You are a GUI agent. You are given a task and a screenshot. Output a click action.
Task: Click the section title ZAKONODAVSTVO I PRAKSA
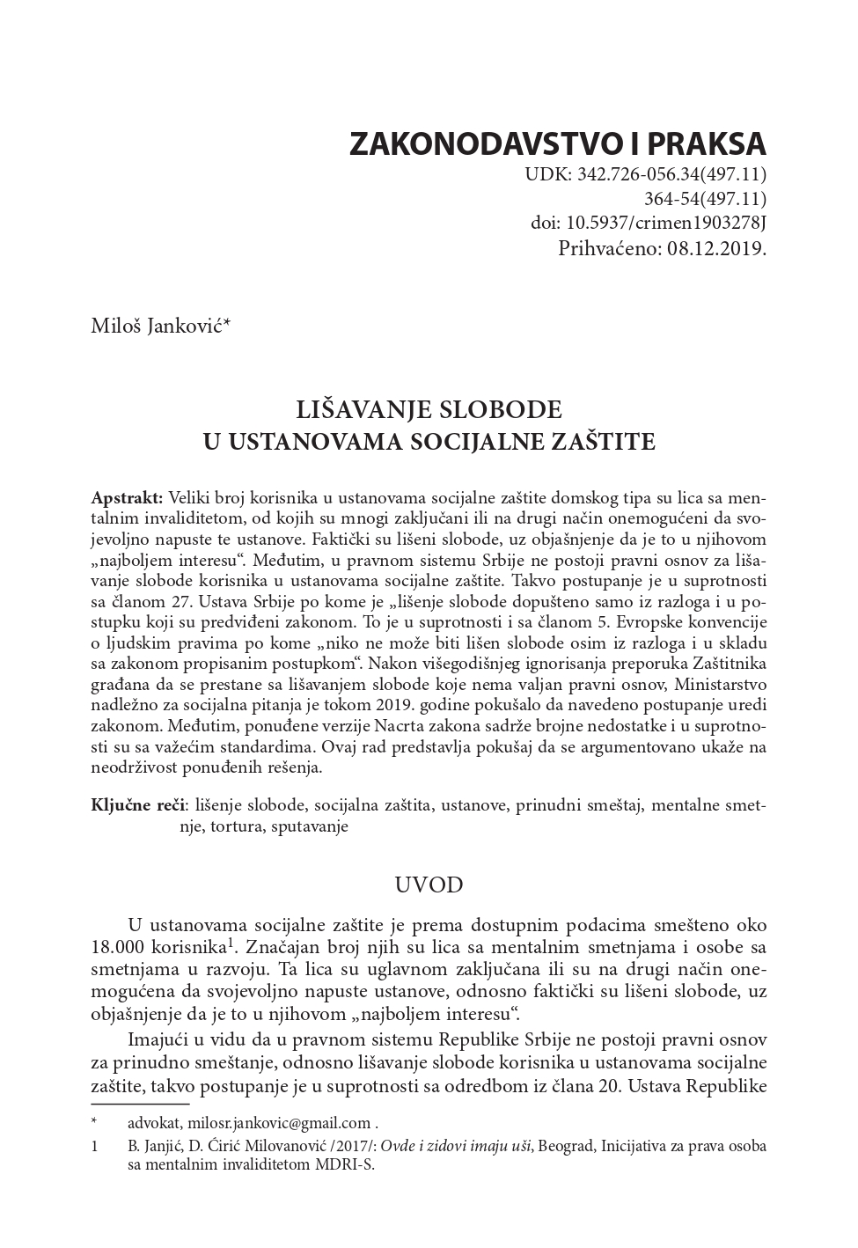(558, 143)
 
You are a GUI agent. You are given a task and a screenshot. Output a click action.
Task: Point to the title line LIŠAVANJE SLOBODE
(429, 410)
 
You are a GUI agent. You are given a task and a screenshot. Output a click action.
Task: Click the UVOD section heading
(429, 885)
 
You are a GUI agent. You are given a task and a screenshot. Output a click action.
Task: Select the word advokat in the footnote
(154, 1123)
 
